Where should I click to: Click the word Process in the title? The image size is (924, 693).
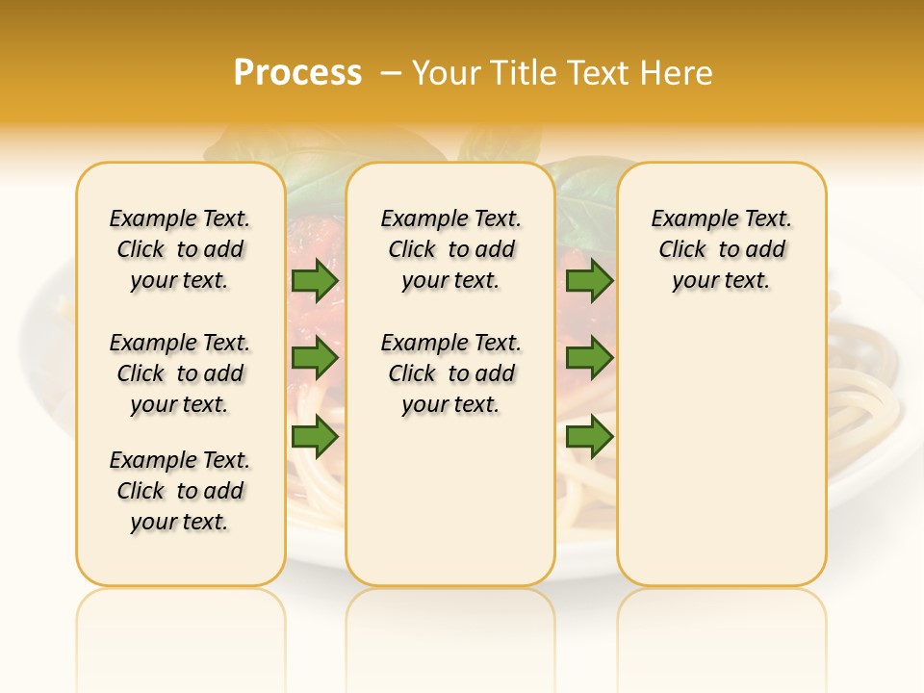click(x=297, y=73)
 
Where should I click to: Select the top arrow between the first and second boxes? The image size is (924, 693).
click(x=315, y=281)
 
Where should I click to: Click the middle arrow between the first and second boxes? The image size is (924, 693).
click(x=315, y=359)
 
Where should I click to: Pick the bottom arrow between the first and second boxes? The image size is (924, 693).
click(x=315, y=437)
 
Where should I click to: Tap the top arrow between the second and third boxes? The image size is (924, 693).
click(x=589, y=281)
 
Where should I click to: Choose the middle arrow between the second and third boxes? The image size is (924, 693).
click(x=589, y=359)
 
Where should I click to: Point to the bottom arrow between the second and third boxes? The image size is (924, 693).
click(x=589, y=437)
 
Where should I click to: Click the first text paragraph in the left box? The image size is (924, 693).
click(x=180, y=249)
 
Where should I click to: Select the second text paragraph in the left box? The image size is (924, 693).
click(x=180, y=373)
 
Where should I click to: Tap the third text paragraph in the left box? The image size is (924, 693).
click(x=180, y=491)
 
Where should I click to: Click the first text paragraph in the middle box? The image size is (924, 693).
click(x=450, y=249)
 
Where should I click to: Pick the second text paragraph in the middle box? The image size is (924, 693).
click(x=450, y=373)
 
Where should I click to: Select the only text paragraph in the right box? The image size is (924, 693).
click(x=721, y=249)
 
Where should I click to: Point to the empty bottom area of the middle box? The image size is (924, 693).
click(x=450, y=510)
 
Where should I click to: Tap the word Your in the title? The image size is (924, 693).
click(x=444, y=73)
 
